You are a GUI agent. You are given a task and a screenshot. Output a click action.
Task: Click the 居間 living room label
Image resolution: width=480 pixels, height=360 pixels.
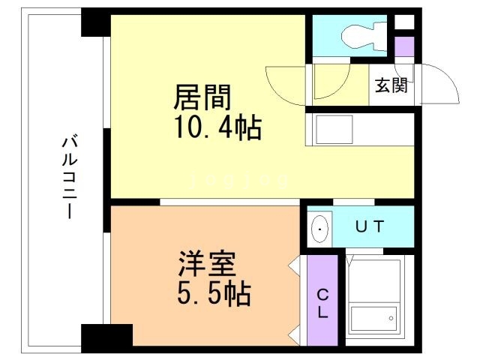pyautogui.click(x=202, y=97)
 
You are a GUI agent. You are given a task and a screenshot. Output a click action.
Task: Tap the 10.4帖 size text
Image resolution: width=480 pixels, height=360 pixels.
pyautogui.click(x=218, y=128)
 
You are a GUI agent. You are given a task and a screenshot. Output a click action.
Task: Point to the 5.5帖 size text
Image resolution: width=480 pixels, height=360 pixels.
pyautogui.click(x=213, y=292)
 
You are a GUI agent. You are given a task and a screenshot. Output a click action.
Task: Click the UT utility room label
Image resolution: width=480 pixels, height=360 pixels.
pyautogui.click(x=370, y=226)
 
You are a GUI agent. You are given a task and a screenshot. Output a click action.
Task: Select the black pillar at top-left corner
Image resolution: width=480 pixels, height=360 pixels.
pyautogui.click(x=95, y=22)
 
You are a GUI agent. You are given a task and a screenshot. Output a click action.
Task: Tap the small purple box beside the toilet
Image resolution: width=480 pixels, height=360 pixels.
pyautogui.click(x=404, y=45)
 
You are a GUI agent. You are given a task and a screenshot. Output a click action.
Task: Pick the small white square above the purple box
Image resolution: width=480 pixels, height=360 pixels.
pyautogui.click(x=404, y=22)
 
